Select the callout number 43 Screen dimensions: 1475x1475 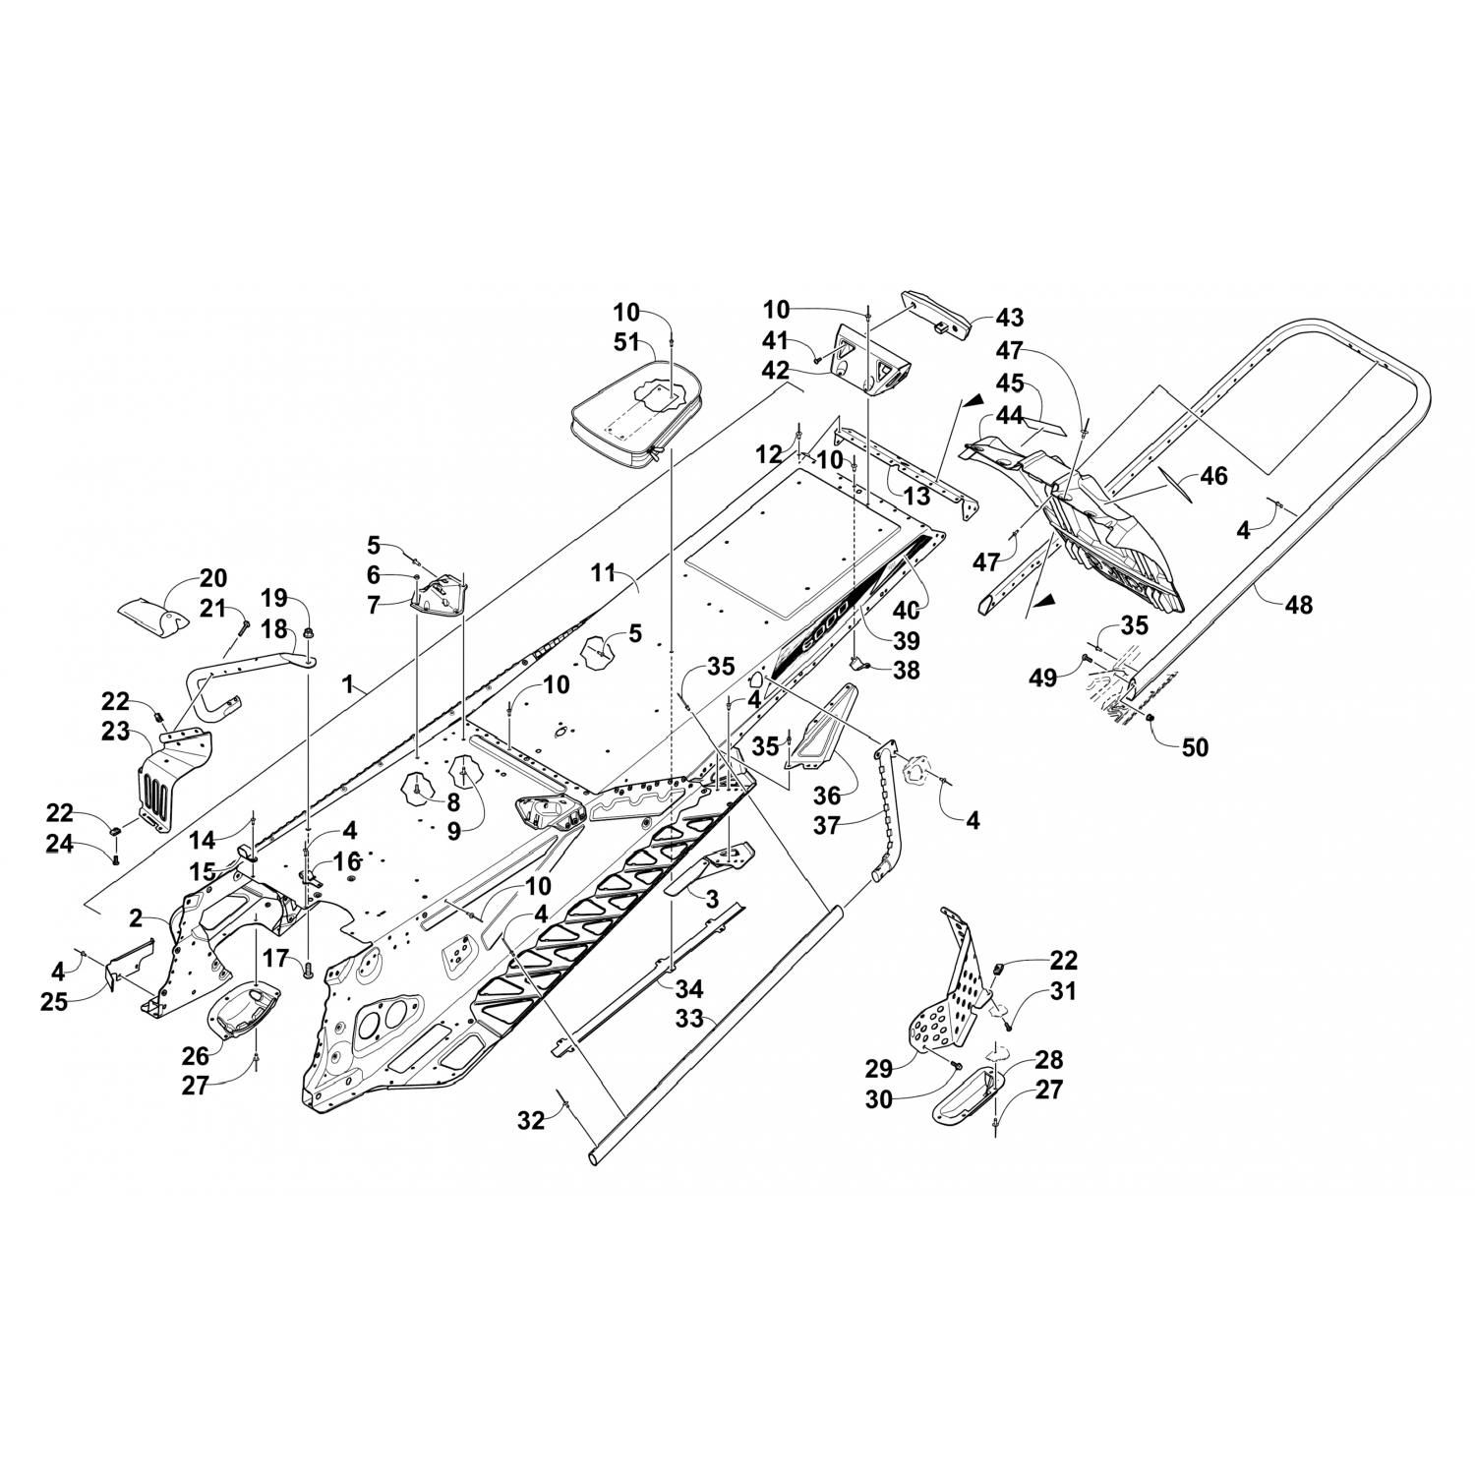point(1009,318)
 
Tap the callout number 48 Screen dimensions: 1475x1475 point(1299,604)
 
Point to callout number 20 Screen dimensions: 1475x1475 point(213,578)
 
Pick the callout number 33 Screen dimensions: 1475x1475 point(689,1020)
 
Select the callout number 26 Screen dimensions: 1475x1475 point(196,1055)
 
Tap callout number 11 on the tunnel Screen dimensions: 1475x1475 point(602,569)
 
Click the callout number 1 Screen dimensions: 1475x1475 point(347,685)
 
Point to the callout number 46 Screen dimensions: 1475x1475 point(1214,476)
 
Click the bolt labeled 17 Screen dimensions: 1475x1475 point(306,969)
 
